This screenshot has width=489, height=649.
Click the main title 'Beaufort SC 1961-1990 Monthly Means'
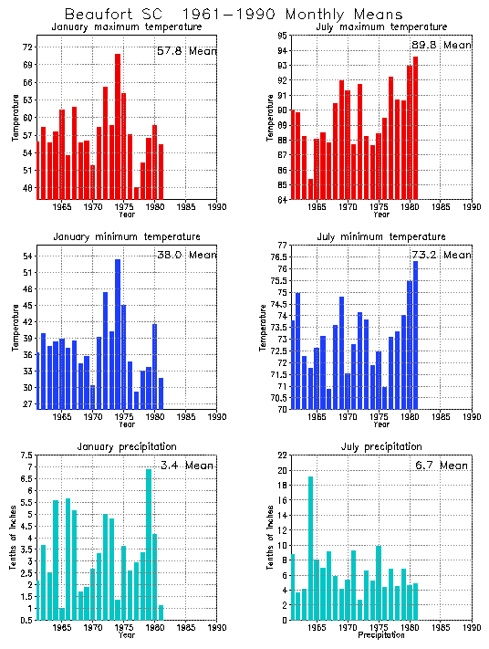[234, 15]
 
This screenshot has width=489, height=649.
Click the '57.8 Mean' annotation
[186, 51]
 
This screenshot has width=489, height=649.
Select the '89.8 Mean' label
[442, 44]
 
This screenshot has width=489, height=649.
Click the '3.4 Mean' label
[186, 465]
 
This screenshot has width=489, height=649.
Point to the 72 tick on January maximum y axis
[26, 47]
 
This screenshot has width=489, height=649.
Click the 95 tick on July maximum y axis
[282, 36]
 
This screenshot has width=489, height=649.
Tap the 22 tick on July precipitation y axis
[282, 455]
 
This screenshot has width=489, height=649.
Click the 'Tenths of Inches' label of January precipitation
[14, 539]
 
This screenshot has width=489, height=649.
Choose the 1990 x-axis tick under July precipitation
[472, 628]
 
